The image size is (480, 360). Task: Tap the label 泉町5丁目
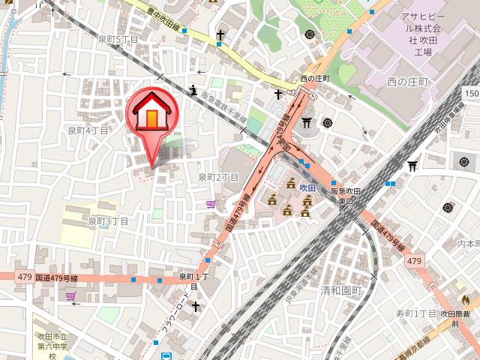tap(119, 38)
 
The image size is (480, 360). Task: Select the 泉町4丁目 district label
tap(89, 130)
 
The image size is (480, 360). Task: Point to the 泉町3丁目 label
tap(109, 221)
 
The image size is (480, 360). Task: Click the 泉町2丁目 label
tap(218, 178)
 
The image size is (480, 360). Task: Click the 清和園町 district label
tap(340, 290)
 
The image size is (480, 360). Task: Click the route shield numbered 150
tap(471, 93)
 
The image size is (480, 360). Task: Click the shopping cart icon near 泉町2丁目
tap(211, 203)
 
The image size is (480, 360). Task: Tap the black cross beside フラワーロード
tap(196, 307)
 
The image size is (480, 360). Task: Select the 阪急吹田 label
tap(346, 196)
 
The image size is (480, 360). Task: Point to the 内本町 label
tap(469, 244)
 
